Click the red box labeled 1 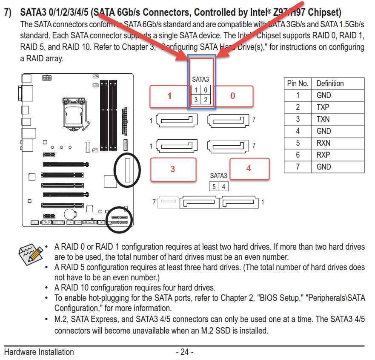tap(169, 96)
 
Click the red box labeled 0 tap(233, 96)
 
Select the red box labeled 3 tap(173, 169)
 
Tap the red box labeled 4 tap(249, 168)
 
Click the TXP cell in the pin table tap(323, 107)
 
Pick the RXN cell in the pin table tap(323, 143)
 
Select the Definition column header tap(330, 84)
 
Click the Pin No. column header tap(298, 84)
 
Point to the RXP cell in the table tap(323, 155)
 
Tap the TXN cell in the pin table tap(323, 119)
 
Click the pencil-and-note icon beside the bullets tap(31, 255)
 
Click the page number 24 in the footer tap(184, 352)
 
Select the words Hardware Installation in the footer tap(39, 352)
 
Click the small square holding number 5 tap(214, 187)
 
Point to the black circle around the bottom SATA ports tap(120, 220)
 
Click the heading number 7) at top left tap(9, 12)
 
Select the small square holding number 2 tap(205, 100)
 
